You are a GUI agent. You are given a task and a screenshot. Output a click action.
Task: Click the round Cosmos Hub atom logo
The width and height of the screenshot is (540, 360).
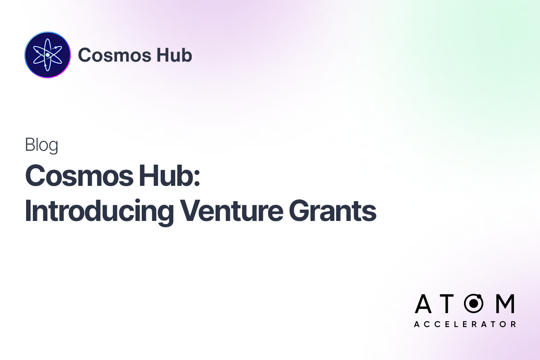tap(48, 55)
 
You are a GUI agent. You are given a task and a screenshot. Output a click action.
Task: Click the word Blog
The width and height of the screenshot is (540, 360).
tap(41, 145)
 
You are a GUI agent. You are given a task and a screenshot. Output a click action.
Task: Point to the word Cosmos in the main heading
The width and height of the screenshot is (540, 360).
tap(75, 175)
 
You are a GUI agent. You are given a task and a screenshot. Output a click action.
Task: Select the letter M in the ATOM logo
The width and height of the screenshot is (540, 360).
tap(504, 305)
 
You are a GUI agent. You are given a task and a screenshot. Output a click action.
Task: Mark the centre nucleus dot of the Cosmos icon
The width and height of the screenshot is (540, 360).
tap(47, 55)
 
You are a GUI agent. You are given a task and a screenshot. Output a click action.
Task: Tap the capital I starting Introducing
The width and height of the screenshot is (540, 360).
tap(28, 210)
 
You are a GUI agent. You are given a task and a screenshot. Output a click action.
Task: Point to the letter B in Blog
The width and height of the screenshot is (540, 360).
tap(30, 145)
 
